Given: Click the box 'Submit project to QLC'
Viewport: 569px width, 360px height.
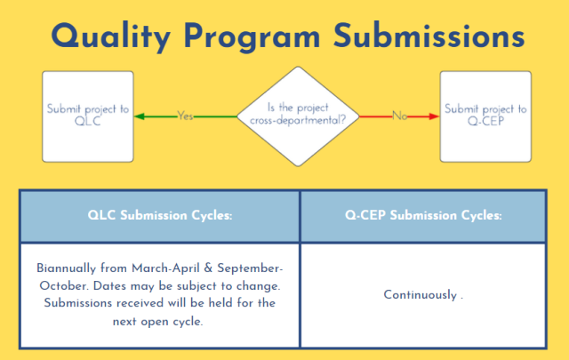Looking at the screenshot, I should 88,116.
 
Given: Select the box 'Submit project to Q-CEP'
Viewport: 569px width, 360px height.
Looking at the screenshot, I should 485,116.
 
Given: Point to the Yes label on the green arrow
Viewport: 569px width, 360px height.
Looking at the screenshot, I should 186,116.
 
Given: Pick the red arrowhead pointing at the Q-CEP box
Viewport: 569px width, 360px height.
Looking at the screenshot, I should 434,116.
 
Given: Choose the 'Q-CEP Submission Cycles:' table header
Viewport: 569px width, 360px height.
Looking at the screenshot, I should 423,214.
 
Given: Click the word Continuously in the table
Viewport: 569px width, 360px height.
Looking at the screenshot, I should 421,294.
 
